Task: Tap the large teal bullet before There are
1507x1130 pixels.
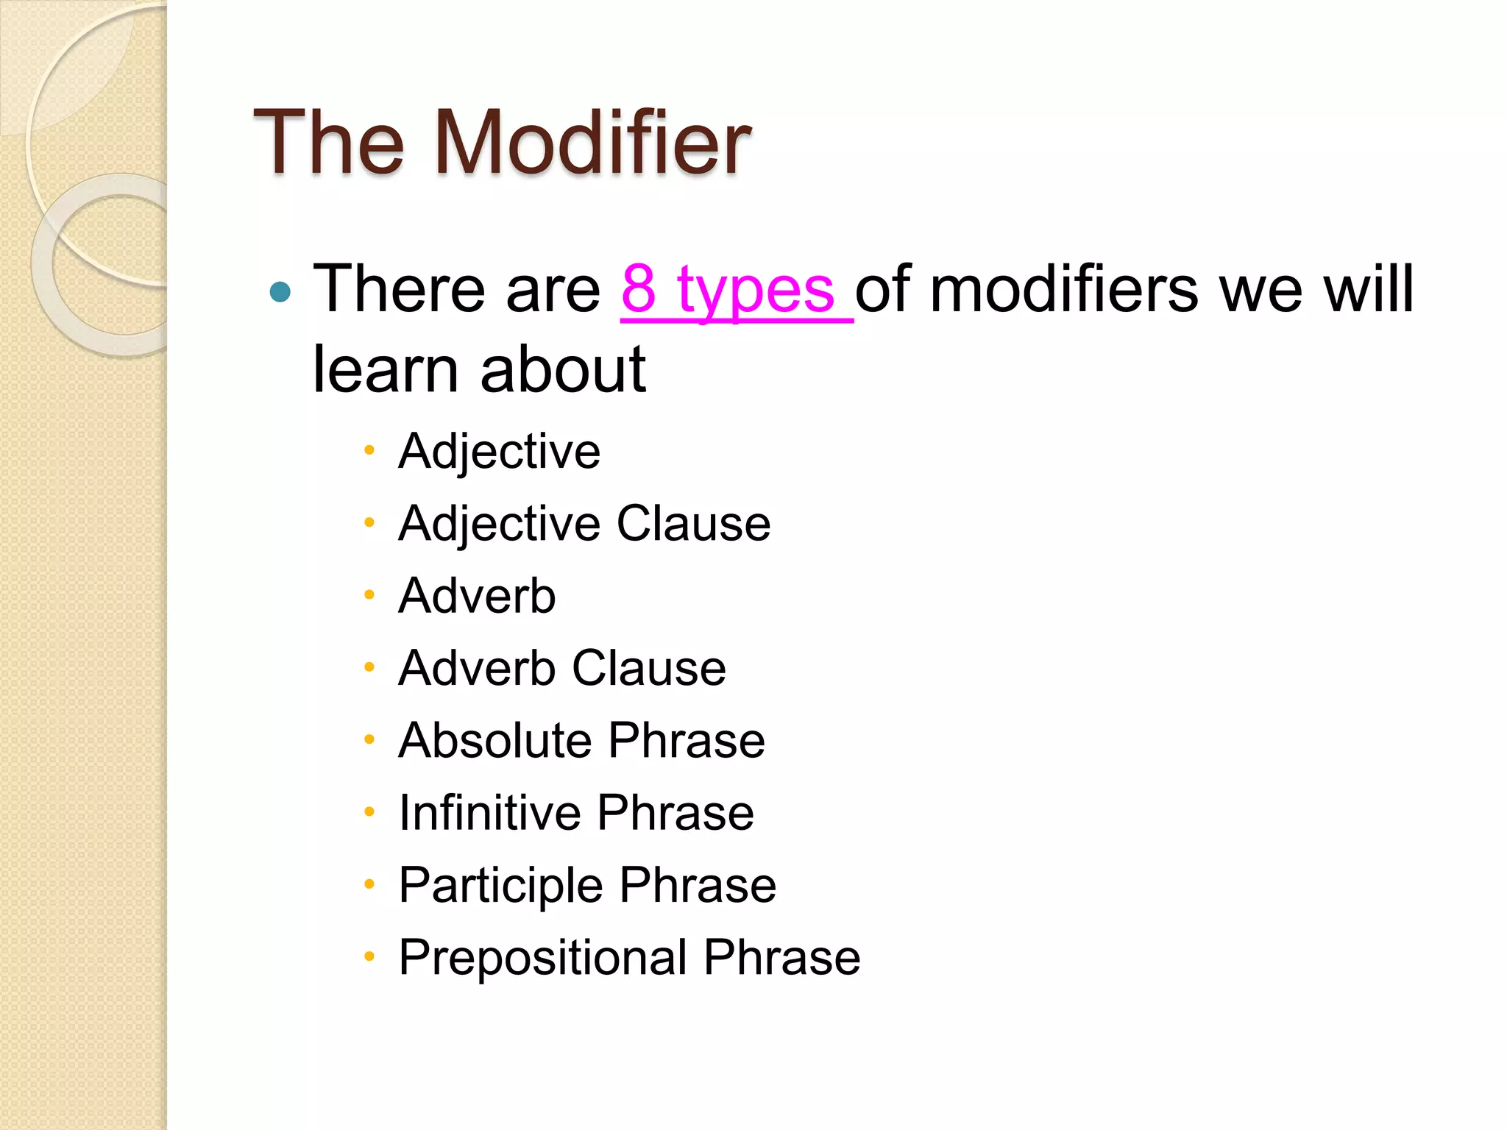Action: click(280, 292)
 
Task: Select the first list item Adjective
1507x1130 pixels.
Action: click(499, 451)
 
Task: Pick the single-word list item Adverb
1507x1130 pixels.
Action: click(477, 595)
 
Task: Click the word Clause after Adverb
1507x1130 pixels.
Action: click(649, 668)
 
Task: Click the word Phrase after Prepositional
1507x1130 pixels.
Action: click(781, 957)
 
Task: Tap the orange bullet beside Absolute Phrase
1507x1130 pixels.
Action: click(369, 739)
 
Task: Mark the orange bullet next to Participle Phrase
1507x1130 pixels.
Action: click(369, 884)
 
